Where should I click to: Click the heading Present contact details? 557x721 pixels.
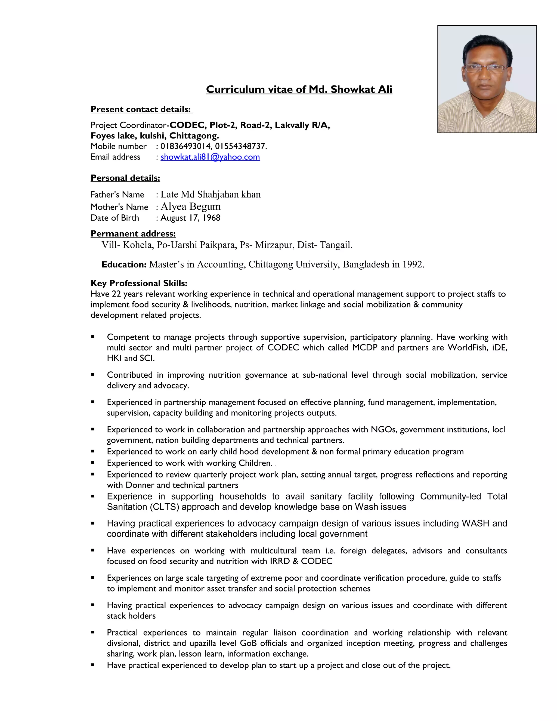click(141, 109)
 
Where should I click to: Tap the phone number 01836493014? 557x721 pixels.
click(186, 146)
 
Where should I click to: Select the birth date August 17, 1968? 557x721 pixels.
click(190, 218)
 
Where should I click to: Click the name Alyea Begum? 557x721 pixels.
click(190, 206)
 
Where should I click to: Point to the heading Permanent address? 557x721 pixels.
click(133, 233)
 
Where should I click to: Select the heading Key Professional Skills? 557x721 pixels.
click(139, 283)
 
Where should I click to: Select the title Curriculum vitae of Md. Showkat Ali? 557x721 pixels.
click(299, 90)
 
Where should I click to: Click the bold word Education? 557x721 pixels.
click(124, 265)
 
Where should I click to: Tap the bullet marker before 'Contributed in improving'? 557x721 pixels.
click(93, 375)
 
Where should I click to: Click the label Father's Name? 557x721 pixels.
click(117, 195)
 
